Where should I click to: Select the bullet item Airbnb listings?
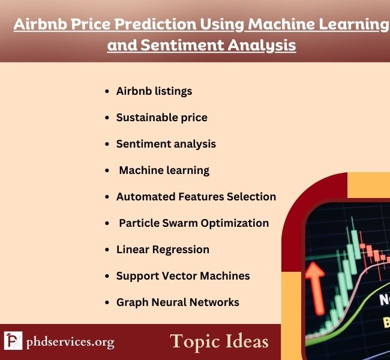click(x=154, y=91)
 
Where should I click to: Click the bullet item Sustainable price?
click(x=161, y=118)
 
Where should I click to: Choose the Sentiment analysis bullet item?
click(x=166, y=144)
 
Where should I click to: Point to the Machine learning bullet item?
click(x=164, y=170)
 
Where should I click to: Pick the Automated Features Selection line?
click(x=196, y=197)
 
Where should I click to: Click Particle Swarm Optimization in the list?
click(x=193, y=223)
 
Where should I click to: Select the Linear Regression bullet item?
click(x=163, y=250)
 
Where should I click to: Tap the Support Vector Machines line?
click(x=183, y=276)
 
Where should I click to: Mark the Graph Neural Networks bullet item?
click(x=178, y=302)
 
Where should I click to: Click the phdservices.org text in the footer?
click(x=70, y=343)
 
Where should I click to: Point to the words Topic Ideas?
click(x=219, y=341)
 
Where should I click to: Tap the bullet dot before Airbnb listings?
click(x=107, y=92)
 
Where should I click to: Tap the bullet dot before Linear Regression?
click(x=107, y=250)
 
